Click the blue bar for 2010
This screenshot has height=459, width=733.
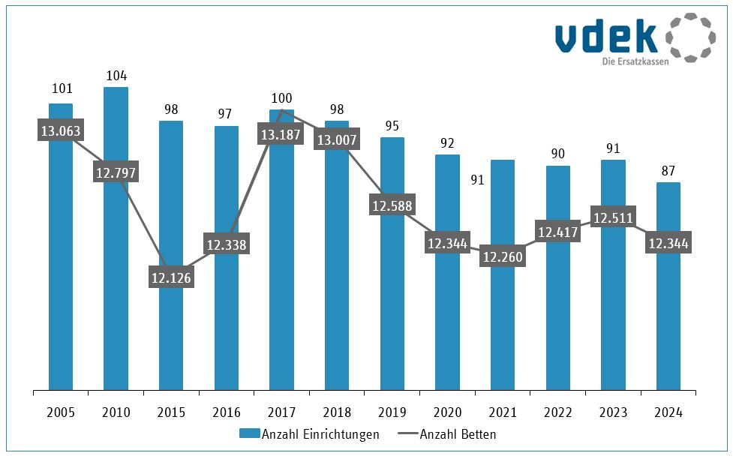pos(116,285)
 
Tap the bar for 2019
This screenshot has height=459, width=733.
pos(392,300)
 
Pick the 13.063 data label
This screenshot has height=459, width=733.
pos(61,131)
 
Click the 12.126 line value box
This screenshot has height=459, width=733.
pos(171,277)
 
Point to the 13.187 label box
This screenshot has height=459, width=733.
pos(281,136)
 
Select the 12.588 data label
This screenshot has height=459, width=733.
pos(392,205)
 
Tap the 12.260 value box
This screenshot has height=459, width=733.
pos(503,256)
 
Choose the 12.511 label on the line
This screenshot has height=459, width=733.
pos(613,218)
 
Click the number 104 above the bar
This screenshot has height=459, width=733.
pos(116,75)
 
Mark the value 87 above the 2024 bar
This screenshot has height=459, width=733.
pos(668,170)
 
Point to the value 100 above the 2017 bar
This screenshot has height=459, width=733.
pos(281,98)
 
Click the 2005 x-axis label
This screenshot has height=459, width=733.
pos(61,412)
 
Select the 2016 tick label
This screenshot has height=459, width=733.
pos(227,412)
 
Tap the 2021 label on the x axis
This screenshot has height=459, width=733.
pos(503,412)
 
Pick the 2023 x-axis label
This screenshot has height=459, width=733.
pos(613,412)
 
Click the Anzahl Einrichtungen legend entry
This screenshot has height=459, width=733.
pos(309,434)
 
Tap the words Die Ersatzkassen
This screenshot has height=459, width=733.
pos(635,61)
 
